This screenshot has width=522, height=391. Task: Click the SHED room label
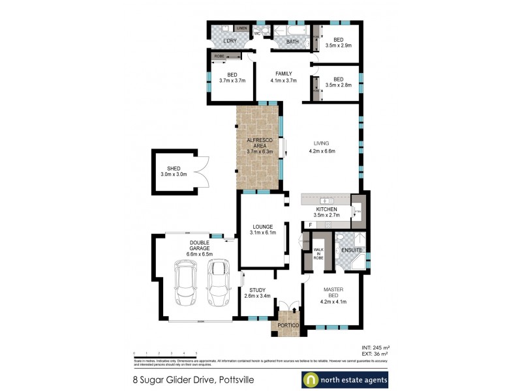point(174,169)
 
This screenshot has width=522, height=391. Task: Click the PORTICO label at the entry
point(288,325)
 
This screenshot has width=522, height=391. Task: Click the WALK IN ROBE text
point(318,253)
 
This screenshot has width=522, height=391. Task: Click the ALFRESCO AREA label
point(259,145)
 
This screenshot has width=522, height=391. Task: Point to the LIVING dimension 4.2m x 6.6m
point(322,151)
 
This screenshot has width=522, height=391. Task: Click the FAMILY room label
point(283,74)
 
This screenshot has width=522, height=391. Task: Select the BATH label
point(292,42)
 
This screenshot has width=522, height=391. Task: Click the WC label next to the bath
point(257,33)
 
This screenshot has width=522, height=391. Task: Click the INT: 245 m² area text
point(376,348)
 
